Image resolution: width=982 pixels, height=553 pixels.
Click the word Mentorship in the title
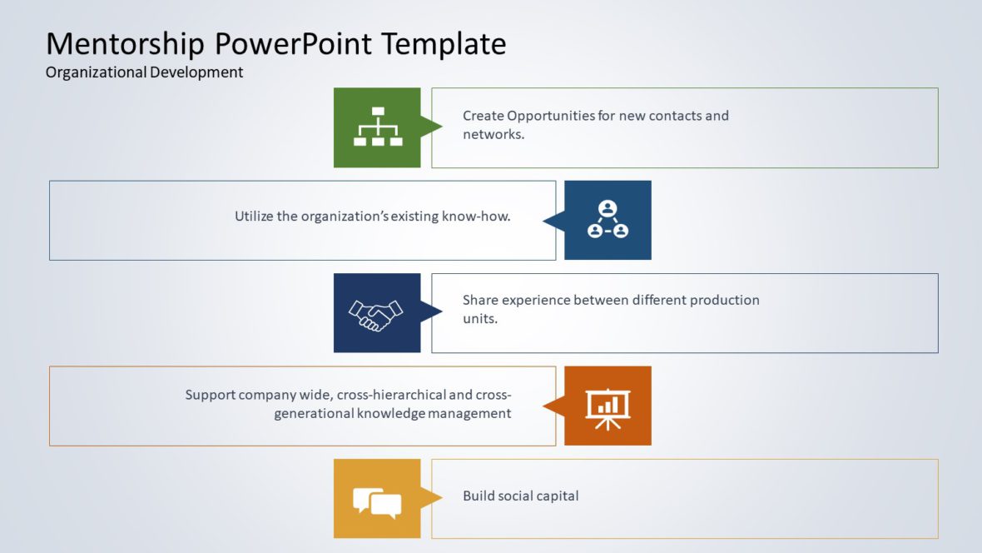click(125, 43)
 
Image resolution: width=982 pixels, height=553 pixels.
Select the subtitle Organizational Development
click(144, 72)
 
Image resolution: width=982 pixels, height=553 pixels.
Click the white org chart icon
click(377, 127)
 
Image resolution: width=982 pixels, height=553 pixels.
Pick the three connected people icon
click(608, 220)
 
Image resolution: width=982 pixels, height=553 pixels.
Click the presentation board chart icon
click(608, 407)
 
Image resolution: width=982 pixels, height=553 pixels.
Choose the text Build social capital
click(520, 496)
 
